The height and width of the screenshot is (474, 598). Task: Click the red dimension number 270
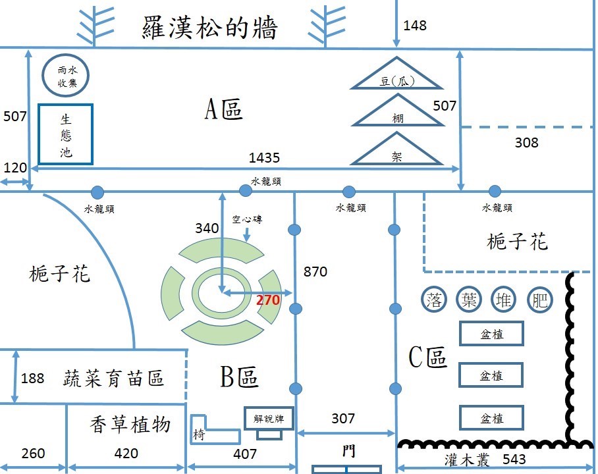(x=268, y=300)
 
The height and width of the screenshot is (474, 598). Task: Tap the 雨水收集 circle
(x=65, y=75)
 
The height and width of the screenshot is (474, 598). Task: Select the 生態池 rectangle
(x=66, y=134)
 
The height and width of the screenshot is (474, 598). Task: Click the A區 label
(x=223, y=109)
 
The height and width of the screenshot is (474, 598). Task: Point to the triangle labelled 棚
(x=397, y=111)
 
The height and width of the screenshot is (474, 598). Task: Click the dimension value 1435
(x=264, y=157)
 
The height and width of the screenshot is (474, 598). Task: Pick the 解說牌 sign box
(x=269, y=418)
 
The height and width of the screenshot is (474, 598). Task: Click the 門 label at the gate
(x=348, y=451)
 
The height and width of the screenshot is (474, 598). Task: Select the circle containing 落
(x=433, y=300)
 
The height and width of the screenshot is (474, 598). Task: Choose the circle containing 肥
(x=539, y=300)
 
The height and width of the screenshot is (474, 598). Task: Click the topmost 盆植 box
(x=491, y=334)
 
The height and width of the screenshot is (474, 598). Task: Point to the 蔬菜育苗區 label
(x=113, y=378)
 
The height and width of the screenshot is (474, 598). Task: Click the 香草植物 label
(x=130, y=424)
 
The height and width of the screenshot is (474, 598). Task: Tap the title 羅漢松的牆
(x=209, y=27)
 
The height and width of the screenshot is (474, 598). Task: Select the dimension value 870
(x=315, y=271)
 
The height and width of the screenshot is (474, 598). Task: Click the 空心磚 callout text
(x=247, y=219)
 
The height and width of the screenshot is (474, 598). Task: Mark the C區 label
(x=427, y=357)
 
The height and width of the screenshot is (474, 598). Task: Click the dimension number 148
(x=414, y=26)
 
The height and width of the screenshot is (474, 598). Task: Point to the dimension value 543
(x=514, y=459)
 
